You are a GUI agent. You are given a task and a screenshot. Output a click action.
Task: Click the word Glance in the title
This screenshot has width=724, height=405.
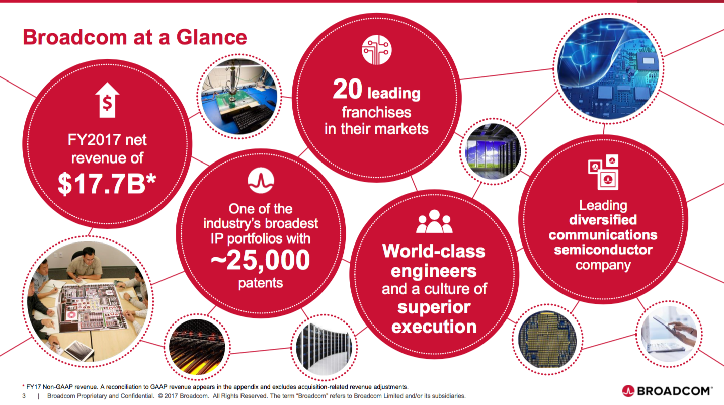(x=211, y=37)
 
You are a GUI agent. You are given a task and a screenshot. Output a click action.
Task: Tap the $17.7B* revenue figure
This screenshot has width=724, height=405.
(x=107, y=184)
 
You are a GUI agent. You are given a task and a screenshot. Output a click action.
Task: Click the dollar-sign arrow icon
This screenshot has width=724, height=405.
(x=107, y=100)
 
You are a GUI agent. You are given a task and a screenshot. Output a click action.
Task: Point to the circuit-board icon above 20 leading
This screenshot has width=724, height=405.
(x=376, y=50)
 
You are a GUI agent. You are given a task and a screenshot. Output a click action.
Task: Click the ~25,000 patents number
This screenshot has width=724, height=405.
(x=261, y=260)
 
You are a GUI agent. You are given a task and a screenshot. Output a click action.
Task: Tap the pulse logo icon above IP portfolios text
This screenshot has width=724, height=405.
(x=261, y=180)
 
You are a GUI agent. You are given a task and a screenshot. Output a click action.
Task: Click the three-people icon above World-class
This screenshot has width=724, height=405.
(x=434, y=221)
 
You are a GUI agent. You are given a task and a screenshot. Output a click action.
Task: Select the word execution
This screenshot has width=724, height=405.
(x=434, y=327)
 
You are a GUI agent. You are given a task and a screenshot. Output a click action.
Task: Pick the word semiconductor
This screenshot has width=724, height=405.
(x=603, y=250)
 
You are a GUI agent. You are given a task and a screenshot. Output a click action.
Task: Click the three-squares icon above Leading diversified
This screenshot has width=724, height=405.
(x=603, y=172)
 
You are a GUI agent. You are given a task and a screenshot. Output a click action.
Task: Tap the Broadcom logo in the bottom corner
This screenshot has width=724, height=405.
(x=667, y=391)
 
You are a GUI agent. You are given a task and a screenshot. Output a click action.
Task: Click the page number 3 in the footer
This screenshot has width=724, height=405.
(x=24, y=396)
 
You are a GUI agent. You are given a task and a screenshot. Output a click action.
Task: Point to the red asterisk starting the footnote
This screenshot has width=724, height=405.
(x=23, y=386)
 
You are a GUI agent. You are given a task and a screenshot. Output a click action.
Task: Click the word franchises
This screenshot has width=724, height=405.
(x=376, y=113)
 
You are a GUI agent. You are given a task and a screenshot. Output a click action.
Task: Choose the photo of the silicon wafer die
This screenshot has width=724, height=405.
(x=547, y=340)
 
